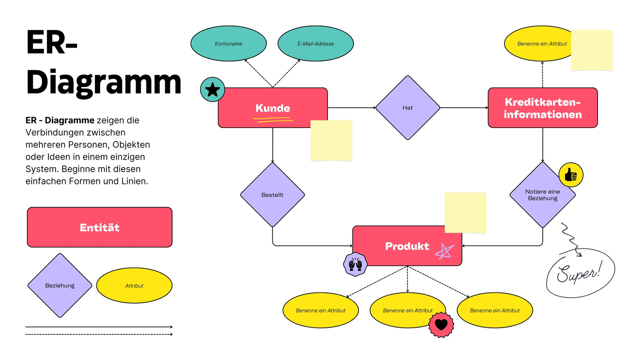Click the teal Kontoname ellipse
228,44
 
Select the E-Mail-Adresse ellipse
316,44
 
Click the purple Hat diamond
408,108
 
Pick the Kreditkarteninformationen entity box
542,108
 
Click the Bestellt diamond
272,195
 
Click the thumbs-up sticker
571,175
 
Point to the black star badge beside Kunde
212,90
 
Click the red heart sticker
441,324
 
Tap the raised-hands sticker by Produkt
355,264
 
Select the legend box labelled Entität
100,227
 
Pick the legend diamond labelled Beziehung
60,285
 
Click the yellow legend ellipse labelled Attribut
134,285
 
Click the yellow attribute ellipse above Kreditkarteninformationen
536,44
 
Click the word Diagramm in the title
104,82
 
